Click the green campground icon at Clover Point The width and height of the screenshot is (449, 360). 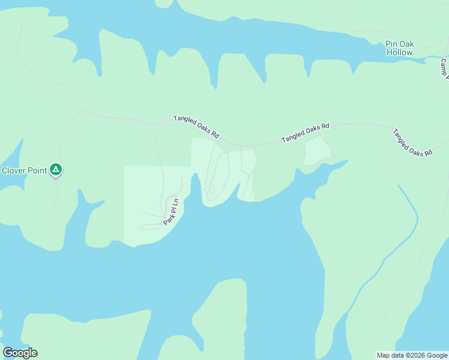(x=55, y=170)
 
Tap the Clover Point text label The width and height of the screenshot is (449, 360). (x=24, y=170)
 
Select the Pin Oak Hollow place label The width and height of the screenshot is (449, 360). (x=399, y=48)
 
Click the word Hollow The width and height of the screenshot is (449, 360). (x=399, y=52)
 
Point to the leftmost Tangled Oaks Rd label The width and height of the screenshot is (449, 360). (x=196, y=124)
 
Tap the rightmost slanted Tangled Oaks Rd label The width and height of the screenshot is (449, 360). (x=412, y=142)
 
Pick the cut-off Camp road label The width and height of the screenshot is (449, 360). (x=444, y=68)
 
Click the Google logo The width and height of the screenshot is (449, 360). (x=20, y=353)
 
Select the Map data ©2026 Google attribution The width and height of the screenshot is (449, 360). (x=412, y=355)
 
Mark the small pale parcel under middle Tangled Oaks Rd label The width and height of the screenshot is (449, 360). (x=317, y=151)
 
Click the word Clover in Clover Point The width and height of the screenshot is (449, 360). (x=13, y=170)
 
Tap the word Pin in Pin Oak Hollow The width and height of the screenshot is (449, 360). (x=392, y=44)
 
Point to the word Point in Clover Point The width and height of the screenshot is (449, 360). (x=36, y=170)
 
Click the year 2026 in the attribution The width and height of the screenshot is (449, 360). (x=417, y=355)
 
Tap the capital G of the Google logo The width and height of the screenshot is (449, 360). (x=8, y=353)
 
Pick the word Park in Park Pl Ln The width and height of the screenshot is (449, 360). (x=169, y=219)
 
